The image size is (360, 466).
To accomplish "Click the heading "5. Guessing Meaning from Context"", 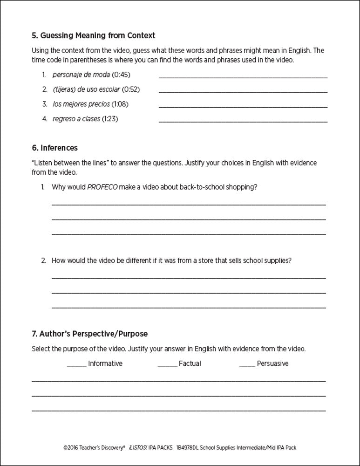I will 93,35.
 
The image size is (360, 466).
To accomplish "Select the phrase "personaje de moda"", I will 82,75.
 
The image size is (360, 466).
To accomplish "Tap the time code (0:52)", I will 131,89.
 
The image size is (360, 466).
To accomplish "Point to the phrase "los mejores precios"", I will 81,104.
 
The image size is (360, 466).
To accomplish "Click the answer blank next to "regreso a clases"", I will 243,121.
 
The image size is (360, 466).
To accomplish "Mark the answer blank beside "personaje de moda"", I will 243,76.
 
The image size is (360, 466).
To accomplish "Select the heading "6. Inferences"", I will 54,148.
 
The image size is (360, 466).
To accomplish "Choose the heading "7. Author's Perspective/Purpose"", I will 89,334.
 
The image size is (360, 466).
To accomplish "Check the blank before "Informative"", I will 76,364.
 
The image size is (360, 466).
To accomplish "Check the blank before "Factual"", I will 167,364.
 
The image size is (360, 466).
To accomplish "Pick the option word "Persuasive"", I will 272,363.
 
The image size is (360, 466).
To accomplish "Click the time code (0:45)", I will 121,75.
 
